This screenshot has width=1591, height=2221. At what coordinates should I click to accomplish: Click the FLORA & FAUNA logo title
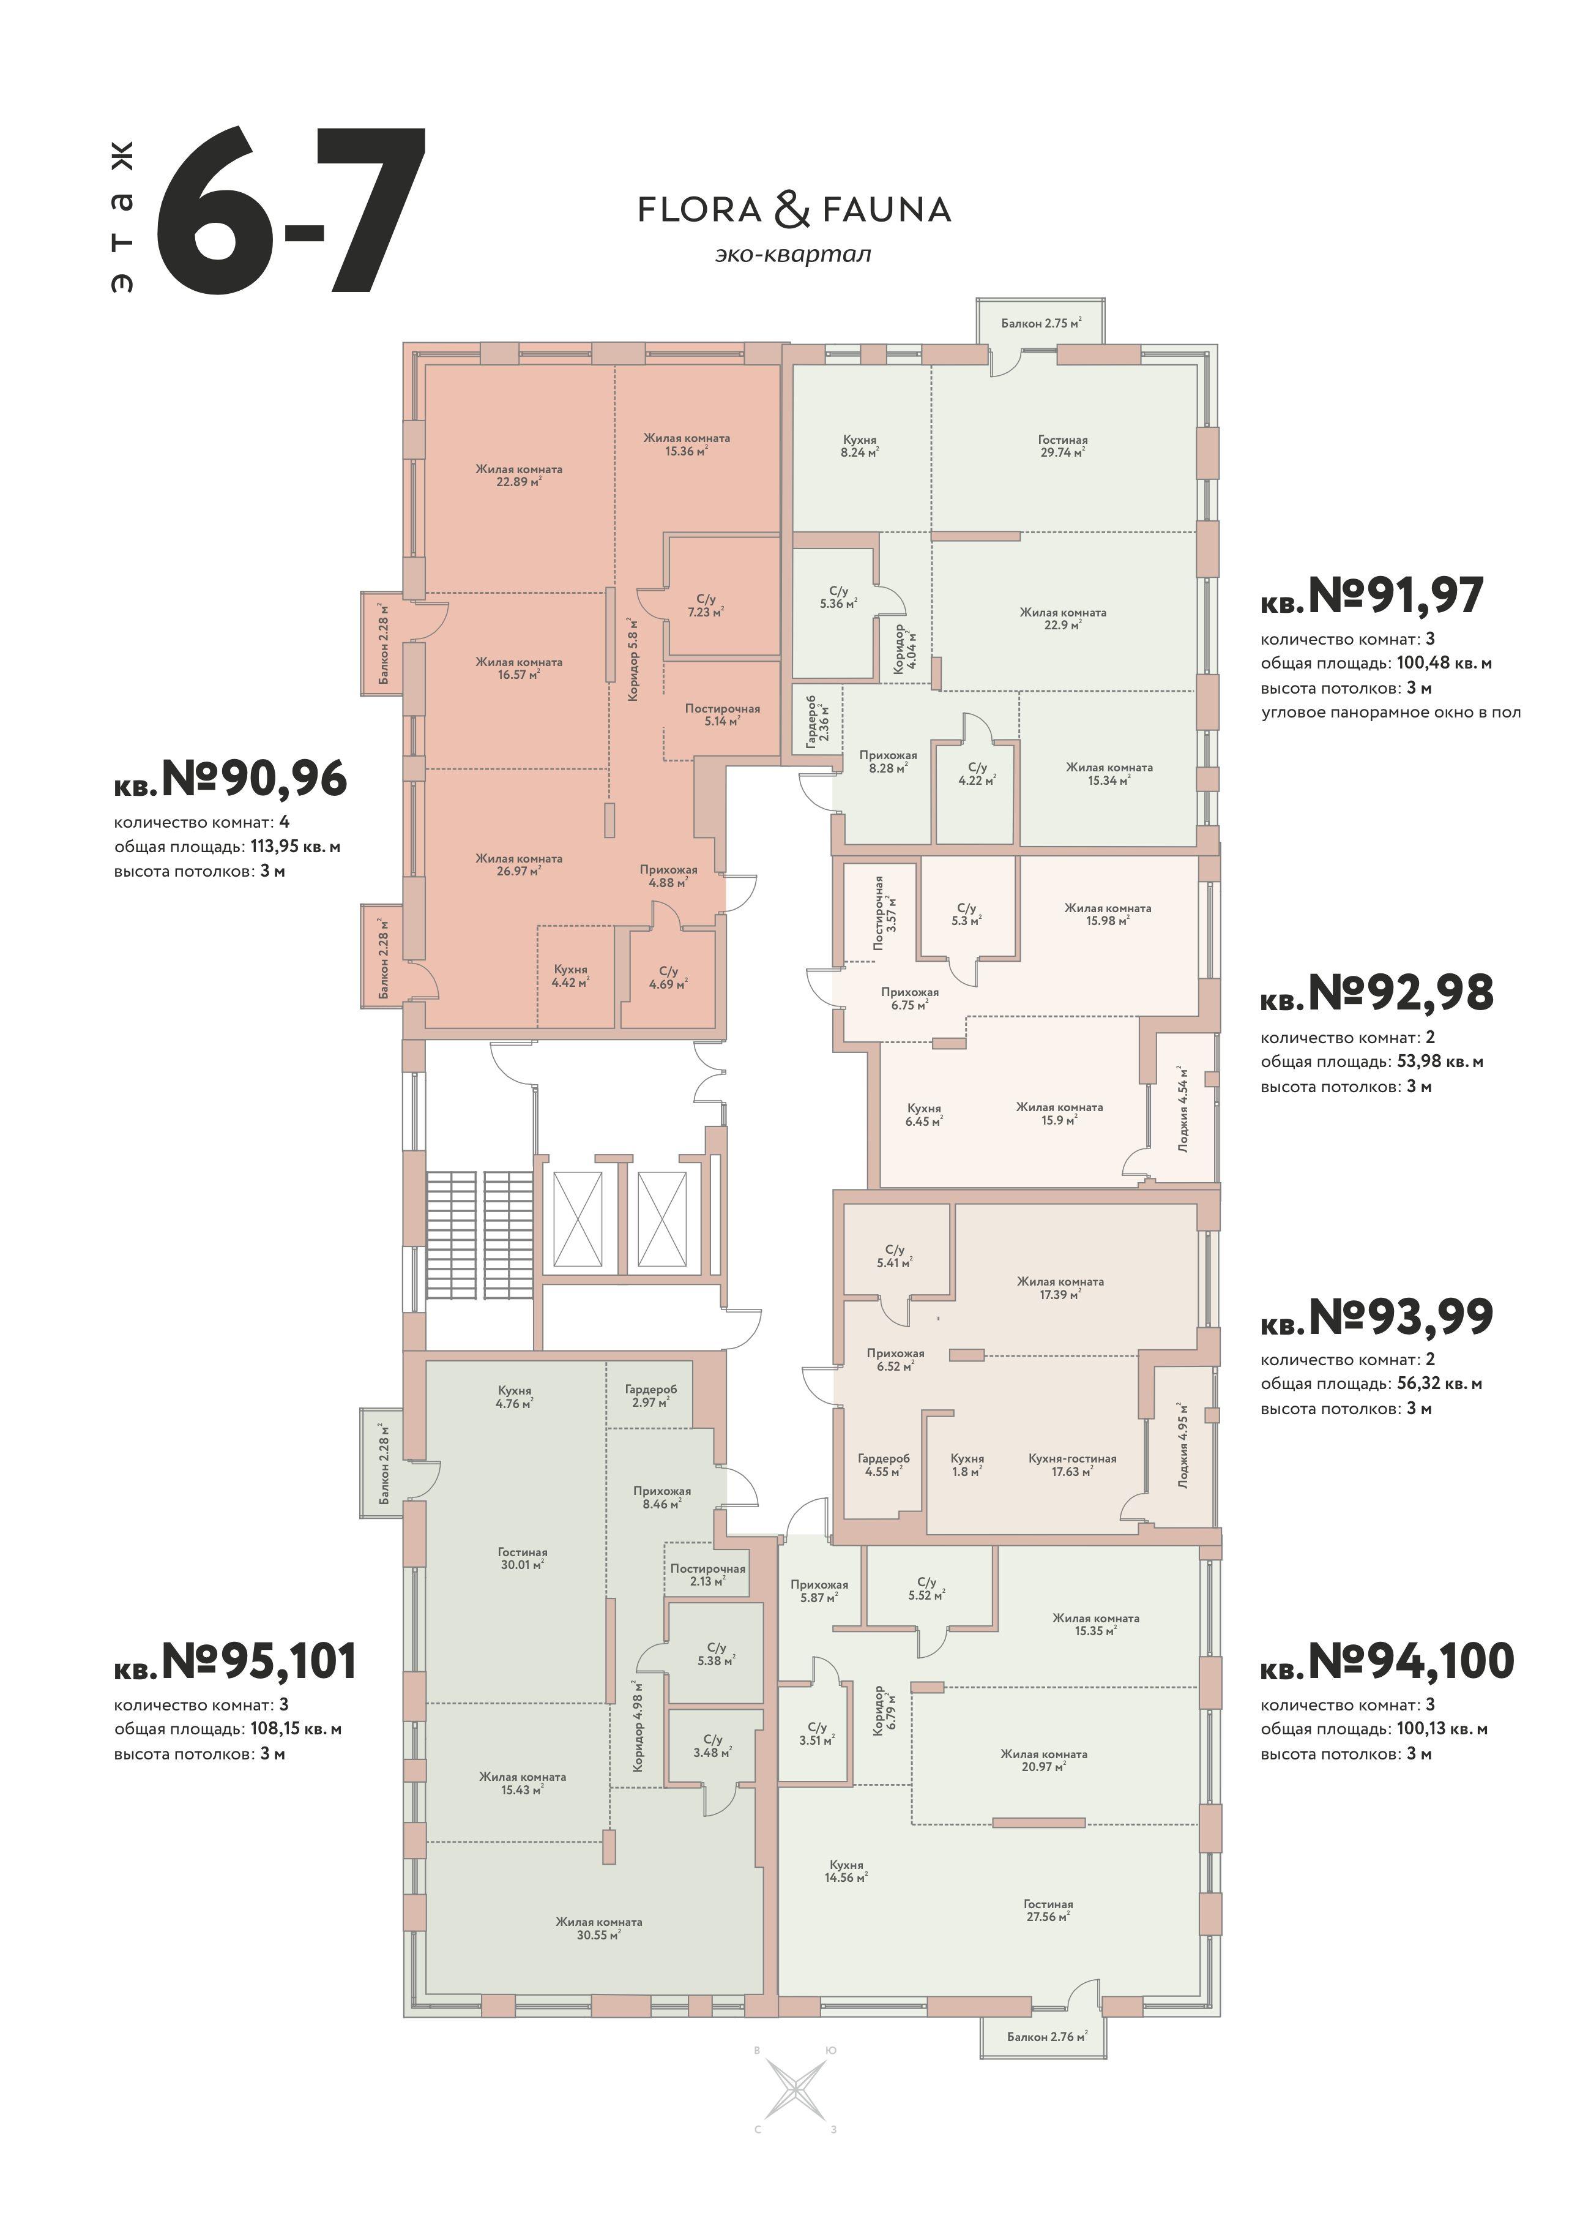[x=794, y=209]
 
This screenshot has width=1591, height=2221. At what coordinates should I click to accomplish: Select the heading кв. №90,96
[x=230, y=779]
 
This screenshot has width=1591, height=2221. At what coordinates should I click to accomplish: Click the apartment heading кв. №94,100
[x=1387, y=1661]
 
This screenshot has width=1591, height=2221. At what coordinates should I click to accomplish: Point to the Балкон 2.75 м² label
[x=1041, y=323]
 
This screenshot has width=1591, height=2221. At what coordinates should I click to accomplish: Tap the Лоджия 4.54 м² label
[x=1183, y=1107]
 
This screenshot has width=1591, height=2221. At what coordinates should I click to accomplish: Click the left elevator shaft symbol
[x=578, y=1218]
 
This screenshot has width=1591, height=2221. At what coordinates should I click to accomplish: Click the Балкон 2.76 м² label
[x=1046, y=2037]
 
